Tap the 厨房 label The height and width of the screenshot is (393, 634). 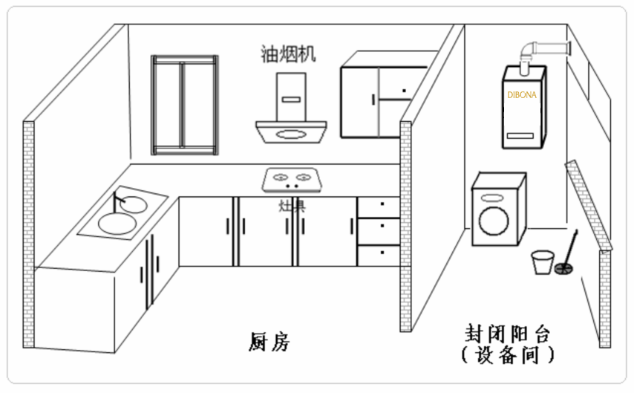[x=269, y=342]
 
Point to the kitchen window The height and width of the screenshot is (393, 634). [x=185, y=105]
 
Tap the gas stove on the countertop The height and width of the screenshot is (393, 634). [x=291, y=179]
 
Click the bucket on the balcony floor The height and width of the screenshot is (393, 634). [x=542, y=262]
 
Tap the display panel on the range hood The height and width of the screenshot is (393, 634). [x=290, y=97]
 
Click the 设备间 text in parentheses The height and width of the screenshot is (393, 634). [x=508, y=354]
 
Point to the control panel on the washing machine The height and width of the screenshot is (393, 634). [x=491, y=198]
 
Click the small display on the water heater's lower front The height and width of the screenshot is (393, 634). [x=524, y=134]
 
